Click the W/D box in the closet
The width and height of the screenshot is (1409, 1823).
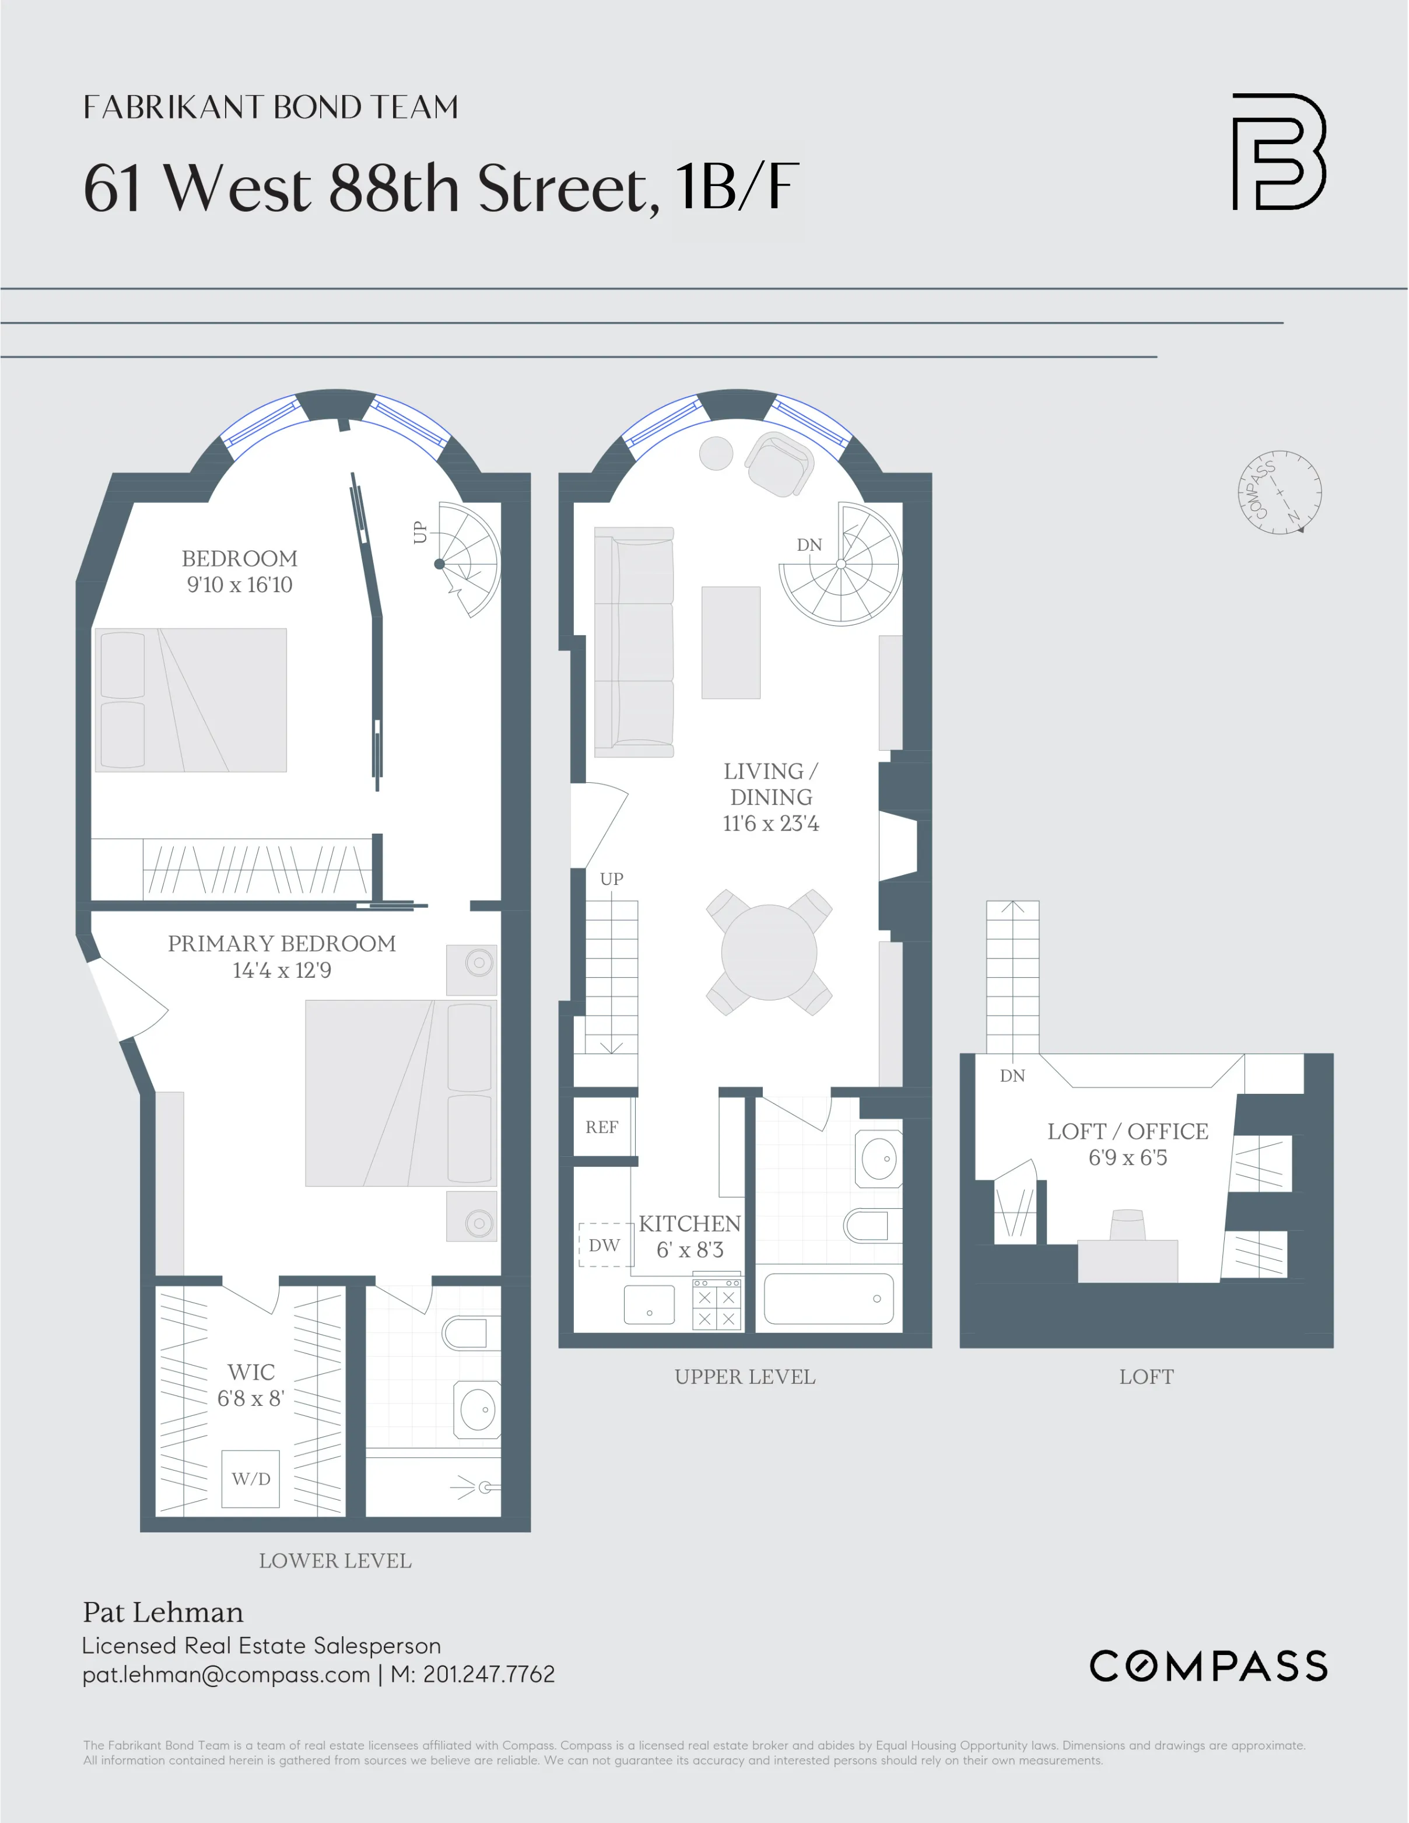tap(250, 1479)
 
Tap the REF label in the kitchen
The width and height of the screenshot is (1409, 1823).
tap(602, 1127)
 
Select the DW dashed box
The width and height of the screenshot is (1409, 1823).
tap(604, 1245)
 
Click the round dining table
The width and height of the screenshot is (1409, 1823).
tap(769, 953)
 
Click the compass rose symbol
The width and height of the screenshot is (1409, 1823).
tap(1279, 492)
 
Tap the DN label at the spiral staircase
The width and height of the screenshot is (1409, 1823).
tap(809, 545)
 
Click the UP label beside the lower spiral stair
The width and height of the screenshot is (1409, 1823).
tap(420, 533)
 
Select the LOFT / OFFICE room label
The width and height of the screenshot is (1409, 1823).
tap(1128, 1131)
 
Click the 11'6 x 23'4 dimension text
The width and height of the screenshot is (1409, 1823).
tap(770, 824)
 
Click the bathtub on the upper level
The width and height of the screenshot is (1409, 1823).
tap(828, 1299)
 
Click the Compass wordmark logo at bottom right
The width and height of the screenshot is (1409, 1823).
tap(1208, 1666)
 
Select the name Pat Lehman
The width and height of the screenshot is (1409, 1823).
tap(163, 1612)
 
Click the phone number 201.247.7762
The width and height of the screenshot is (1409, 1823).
tap(488, 1674)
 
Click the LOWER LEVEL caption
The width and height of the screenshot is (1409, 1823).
tap(335, 1561)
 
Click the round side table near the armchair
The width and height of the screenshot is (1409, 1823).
tap(716, 453)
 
